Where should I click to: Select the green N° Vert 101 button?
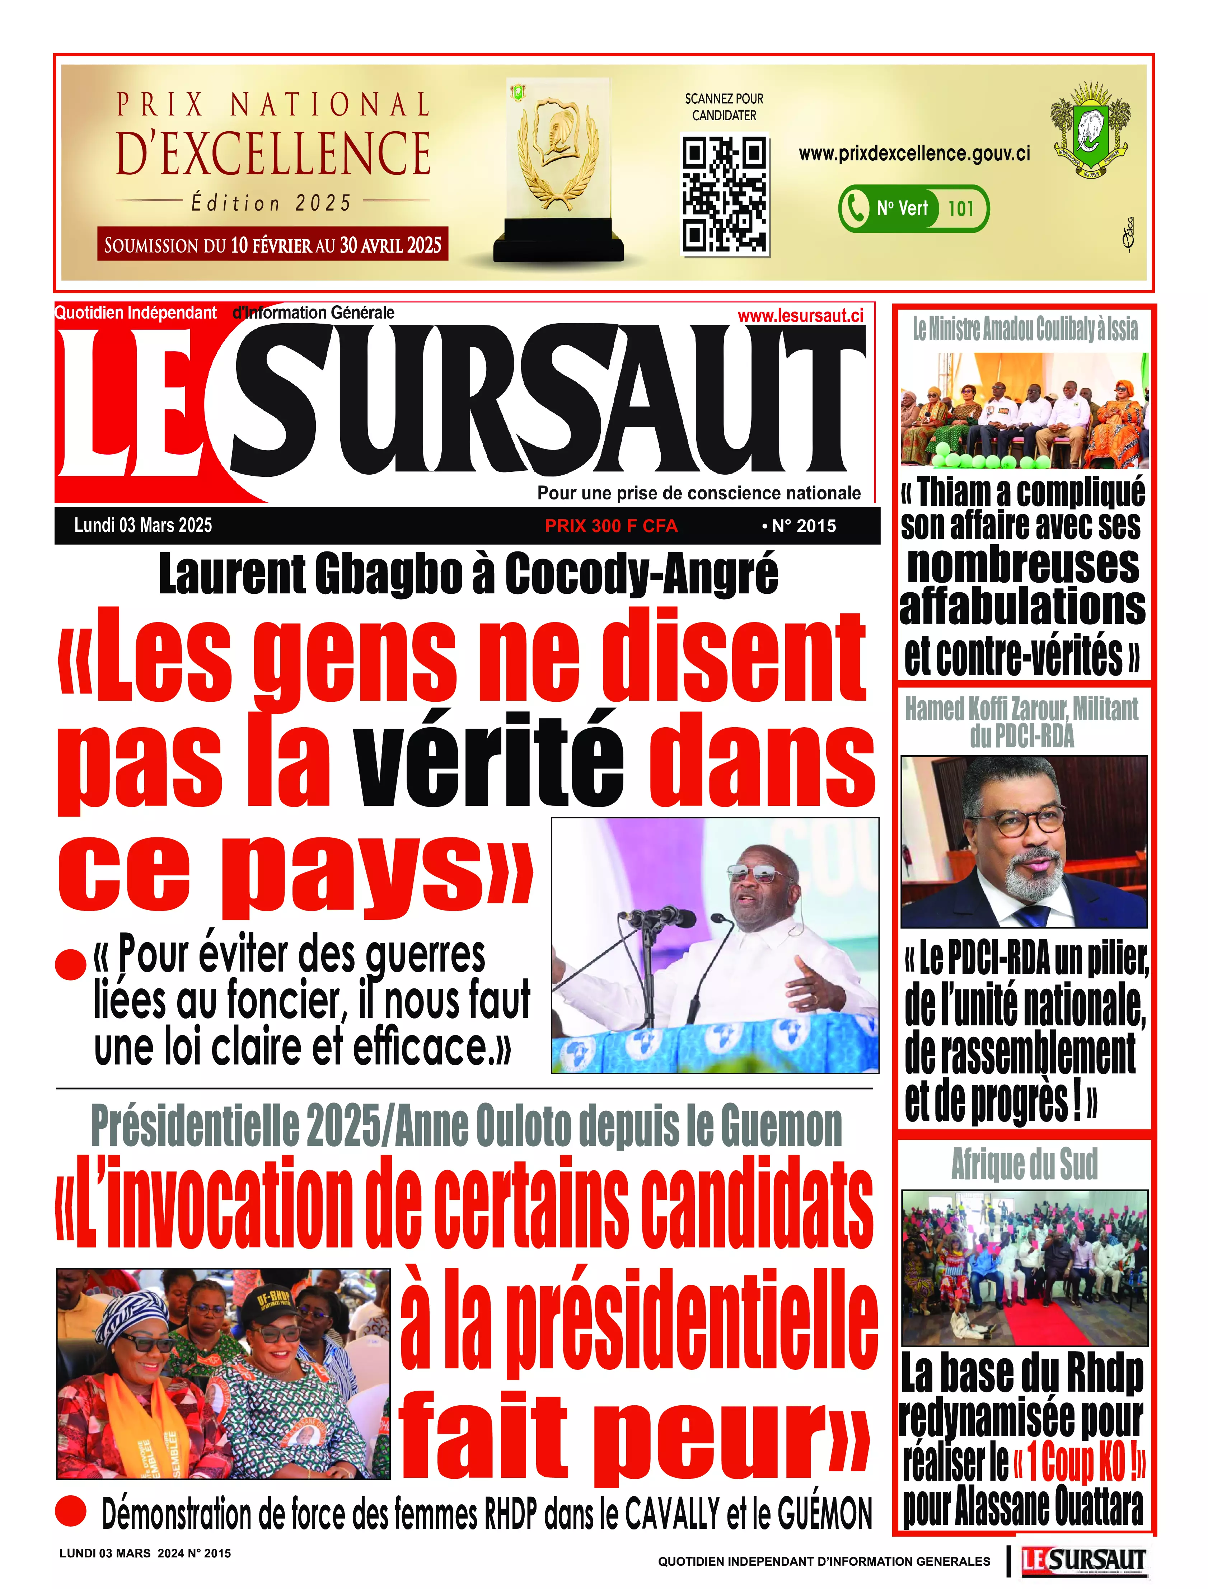913,208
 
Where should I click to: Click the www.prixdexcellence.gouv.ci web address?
914,153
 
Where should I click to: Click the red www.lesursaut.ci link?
800,315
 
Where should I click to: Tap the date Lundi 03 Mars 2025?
143,525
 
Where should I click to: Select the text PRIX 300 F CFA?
611,526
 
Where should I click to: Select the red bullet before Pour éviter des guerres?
71,964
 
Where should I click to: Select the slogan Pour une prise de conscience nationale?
699,493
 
